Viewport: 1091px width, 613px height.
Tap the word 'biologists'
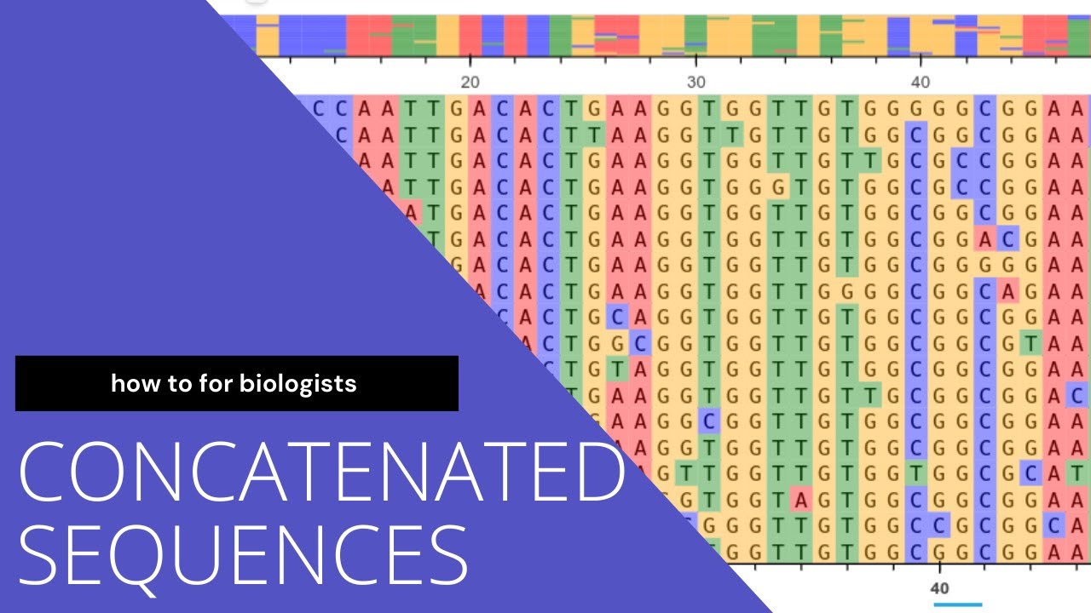click(297, 385)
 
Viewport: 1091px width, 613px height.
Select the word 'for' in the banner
click(216, 383)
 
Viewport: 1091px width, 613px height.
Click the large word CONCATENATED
click(322, 472)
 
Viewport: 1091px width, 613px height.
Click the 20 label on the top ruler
click(470, 83)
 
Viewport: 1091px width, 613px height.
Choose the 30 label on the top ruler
click(696, 83)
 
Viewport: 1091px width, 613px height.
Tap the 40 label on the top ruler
click(921, 83)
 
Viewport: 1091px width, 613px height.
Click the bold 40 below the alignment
click(939, 588)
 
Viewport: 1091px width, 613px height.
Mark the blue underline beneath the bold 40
click(957, 604)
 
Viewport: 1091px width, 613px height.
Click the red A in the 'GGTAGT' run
click(800, 501)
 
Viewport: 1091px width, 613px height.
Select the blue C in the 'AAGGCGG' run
click(708, 421)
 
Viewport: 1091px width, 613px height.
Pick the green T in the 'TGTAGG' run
click(617, 370)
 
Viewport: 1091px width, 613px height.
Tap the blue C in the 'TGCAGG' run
click(617, 318)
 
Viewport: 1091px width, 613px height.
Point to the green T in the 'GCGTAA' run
click(1030, 344)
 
